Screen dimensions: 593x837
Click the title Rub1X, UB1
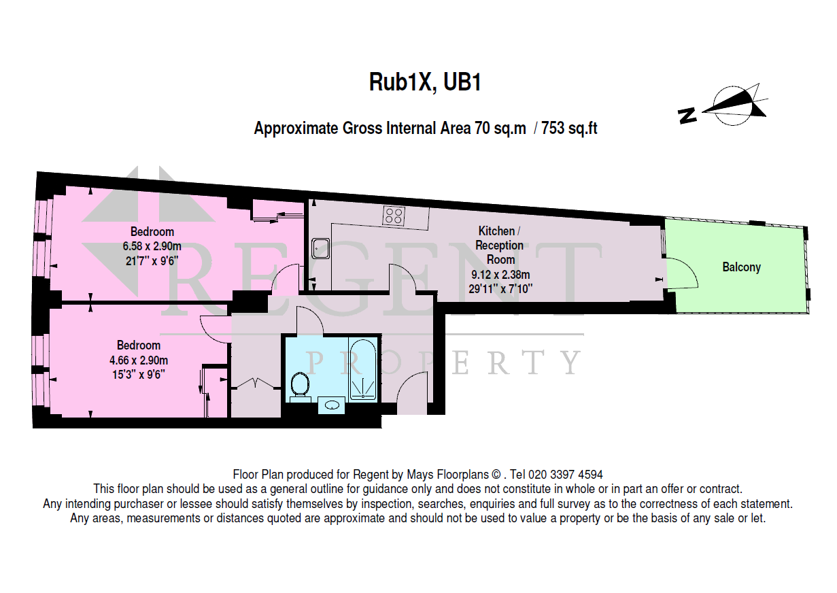click(x=425, y=82)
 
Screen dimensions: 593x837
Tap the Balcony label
click(x=741, y=267)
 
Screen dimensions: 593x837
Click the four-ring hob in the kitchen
click(x=393, y=216)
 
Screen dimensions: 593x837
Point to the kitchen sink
click(x=320, y=250)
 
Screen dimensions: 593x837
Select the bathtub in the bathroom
click(x=363, y=371)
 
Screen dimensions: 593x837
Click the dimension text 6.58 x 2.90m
click(x=152, y=245)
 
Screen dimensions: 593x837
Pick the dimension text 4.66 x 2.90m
click(x=142, y=360)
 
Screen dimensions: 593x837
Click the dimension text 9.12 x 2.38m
click(x=500, y=274)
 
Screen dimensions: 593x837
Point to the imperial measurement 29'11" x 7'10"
click(x=500, y=288)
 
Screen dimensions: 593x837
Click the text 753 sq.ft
click(x=569, y=128)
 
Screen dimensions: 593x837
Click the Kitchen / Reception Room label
click(x=500, y=245)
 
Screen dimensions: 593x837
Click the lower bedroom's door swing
click(x=216, y=330)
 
